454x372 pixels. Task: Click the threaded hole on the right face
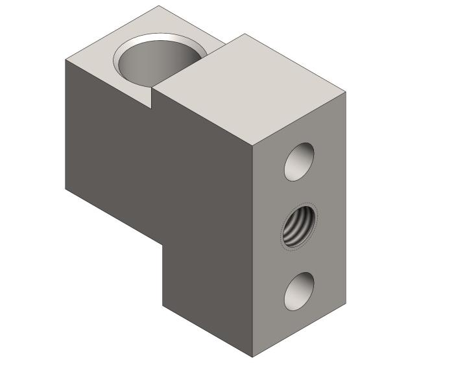click(299, 226)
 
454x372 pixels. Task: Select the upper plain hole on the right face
click(299, 161)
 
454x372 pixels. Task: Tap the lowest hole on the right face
click(299, 291)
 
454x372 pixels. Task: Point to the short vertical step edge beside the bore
click(152, 98)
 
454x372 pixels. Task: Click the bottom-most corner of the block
click(252, 357)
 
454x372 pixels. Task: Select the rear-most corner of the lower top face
click(159, 6)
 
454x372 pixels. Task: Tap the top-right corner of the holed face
click(345, 93)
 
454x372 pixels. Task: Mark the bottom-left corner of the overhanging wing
click(66, 189)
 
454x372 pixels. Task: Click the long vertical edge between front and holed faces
click(252, 253)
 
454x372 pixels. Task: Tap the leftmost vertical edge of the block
click(66, 123)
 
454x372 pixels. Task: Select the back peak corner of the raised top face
click(245, 34)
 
